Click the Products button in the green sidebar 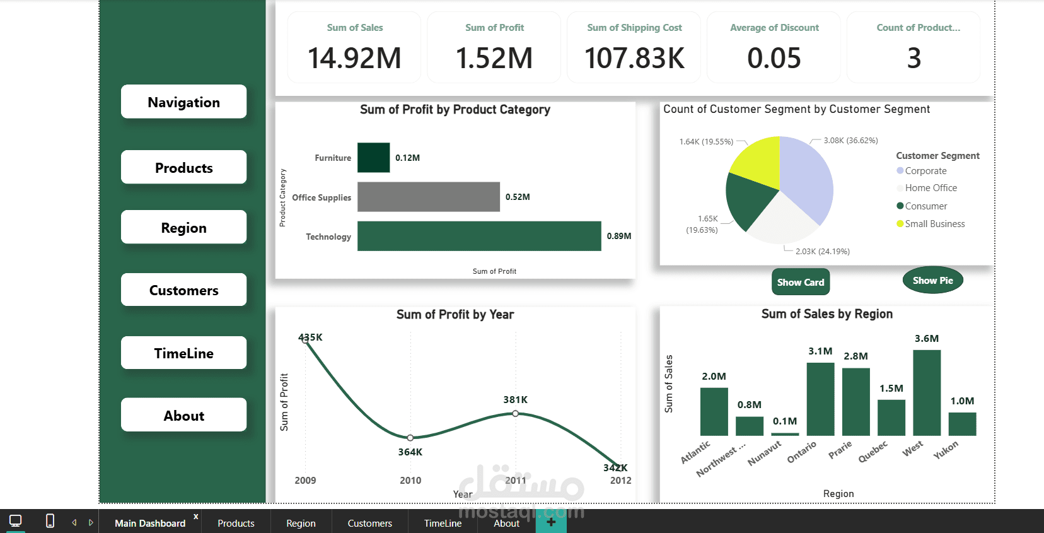[x=183, y=168]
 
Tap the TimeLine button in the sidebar [x=183, y=353]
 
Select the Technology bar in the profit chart [x=478, y=236]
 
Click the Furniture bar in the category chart [x=373, y=158]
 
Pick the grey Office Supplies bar [x=428, y=197]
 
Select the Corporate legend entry [x=925, y=171]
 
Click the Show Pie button [x=932, y=281]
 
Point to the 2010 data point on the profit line [x=410, y=437]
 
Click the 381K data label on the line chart [x=515, y=400]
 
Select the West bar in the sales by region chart [x=926, y=392]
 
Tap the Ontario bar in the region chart [x=820, y=399]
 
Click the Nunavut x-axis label [x=765, y=453]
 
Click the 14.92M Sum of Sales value [x=354, y=58]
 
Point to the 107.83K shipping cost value [x=634, y=58]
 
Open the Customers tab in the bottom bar [x=369, y=524]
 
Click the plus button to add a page [x=551, y=522]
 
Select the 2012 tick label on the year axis [x=620, y=481]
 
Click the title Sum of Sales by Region [x=826, y=314]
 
